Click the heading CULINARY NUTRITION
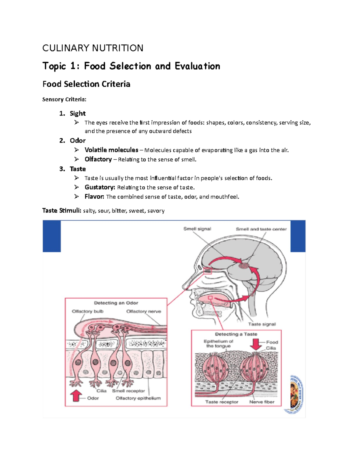tap(93, 48)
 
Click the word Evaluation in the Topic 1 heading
tap(197, 66)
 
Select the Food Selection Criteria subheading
tap(86, 84)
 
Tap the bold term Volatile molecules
tap(111, 150)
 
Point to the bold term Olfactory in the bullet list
tap(98, 159)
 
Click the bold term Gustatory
tap(100, 187)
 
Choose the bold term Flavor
tap(94, 197)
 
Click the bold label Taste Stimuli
tap(61, 211)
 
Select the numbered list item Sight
tap(78, 113)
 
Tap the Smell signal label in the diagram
tap(197, 229)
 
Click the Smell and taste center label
tap(261, 229)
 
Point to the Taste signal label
tap(262, 324)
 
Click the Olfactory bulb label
tap(88, 311)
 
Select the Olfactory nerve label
tap(143, 311)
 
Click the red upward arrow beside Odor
tap(76, 395)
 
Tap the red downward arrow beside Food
tap(256, 344)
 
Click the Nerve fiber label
tap(262, 402)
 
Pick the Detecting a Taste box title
tap(236, 334)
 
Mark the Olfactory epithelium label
tap(138, 398)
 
